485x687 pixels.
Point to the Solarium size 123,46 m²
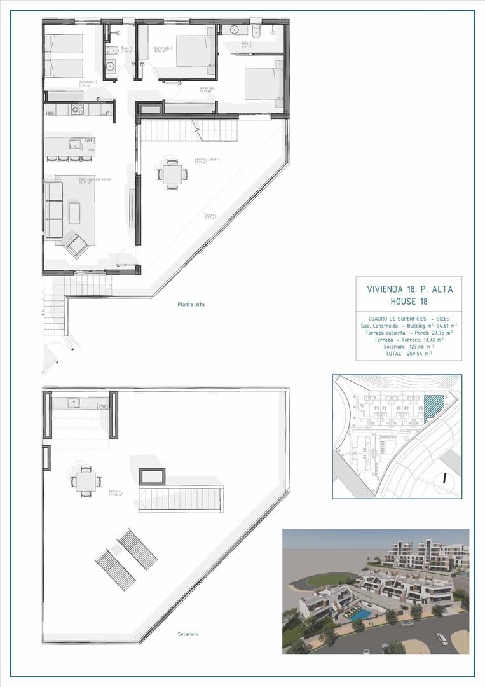(419, 346)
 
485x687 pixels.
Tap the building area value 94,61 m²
(442, 325)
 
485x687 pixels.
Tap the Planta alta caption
(191, 305)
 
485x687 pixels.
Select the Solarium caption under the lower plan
(188, 634)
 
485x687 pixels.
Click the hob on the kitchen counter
(78, 109)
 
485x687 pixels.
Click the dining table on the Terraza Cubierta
(172, 174)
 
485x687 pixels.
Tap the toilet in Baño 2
(256, 32)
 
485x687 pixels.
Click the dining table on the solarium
(85, 481)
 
